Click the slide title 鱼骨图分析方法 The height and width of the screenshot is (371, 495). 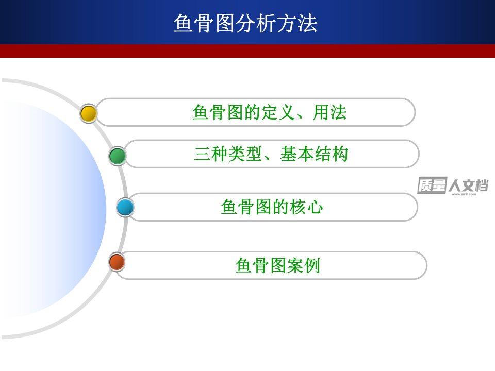pos(245,23)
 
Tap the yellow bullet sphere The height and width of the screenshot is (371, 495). pos(89,113)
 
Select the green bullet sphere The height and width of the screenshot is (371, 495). pos(118,156)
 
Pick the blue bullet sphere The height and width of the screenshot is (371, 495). pos(125,207)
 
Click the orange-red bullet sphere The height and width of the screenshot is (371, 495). pos(117,262)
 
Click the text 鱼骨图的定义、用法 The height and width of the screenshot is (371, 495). pos(269,112)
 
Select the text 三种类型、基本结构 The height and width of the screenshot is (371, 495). pos(271,154)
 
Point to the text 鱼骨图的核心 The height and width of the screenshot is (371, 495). pos(272,207)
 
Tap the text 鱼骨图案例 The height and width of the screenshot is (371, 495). pos(278,265)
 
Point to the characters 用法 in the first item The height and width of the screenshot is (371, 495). pos(329,112)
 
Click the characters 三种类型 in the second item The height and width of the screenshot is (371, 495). pos(228,154)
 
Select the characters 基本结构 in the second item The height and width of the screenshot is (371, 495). pos(314,154)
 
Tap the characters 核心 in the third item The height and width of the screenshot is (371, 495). pos(306,207)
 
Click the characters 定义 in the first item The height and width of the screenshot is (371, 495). pos(278,112)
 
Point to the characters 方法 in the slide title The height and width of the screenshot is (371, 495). pos(297,23)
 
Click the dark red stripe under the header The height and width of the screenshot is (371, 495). pos(247,51)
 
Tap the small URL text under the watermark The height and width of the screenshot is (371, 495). pos(464,194)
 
